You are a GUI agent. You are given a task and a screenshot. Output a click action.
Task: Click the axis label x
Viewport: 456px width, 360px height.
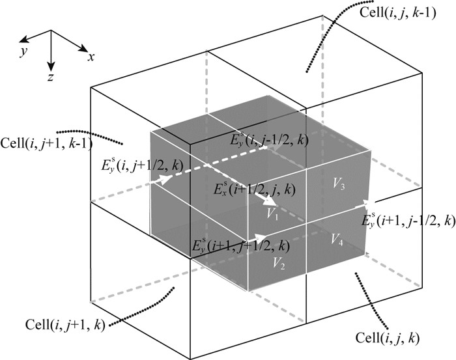click(x=92, y=57)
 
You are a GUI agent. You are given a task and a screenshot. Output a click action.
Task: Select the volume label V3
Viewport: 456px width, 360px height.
click(x=338, y=185)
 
